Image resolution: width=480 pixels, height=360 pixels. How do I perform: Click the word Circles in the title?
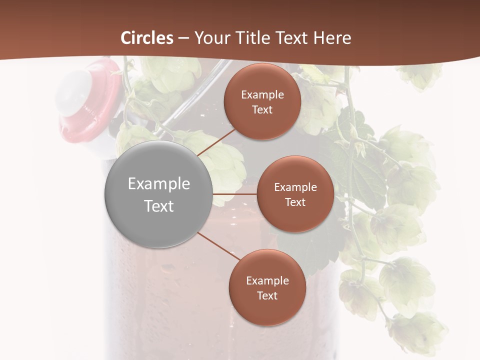coord(147,38)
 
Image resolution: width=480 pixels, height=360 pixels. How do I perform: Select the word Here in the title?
coord(332,38)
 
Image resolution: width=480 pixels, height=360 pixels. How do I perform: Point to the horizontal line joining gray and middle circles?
coord(235,194)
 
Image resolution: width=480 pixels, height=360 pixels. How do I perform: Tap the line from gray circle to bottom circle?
coord(219,246)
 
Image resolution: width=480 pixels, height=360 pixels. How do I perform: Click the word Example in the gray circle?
coord(159,184)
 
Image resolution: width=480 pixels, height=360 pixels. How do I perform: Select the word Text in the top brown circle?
coord(262,109)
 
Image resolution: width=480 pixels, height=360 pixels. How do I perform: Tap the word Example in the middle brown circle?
coord(295,187)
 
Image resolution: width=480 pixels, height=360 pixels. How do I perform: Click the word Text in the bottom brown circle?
coord(267,295)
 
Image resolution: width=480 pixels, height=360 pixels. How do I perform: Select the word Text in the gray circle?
coord(159,206)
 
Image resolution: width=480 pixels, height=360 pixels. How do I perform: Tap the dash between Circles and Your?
coord(183,38)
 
